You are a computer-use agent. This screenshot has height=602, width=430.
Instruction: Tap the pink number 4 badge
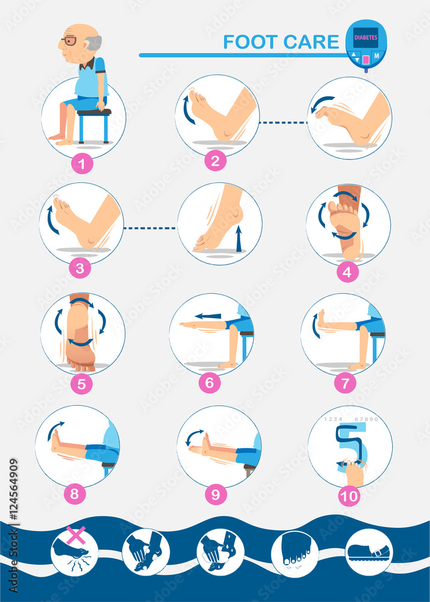[347, 272]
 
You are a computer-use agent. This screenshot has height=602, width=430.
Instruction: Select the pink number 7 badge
[345, 383]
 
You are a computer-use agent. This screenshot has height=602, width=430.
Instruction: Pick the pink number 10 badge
[349, 495]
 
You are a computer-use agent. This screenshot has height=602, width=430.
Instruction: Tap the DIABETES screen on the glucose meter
[365, 36]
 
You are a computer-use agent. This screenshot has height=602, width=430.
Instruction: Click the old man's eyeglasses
[69, 42]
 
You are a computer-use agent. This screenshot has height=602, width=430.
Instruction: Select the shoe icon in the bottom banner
[369, 551]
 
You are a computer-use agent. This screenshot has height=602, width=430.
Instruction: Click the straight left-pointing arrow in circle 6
[208, 315]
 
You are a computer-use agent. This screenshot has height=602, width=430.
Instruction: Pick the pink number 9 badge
[215, 494]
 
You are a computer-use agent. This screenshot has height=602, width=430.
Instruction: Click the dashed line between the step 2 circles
[283, 123]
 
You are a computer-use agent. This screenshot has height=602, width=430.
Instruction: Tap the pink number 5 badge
[81, 383]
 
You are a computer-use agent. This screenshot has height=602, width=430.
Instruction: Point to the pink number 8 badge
[74, 494]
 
